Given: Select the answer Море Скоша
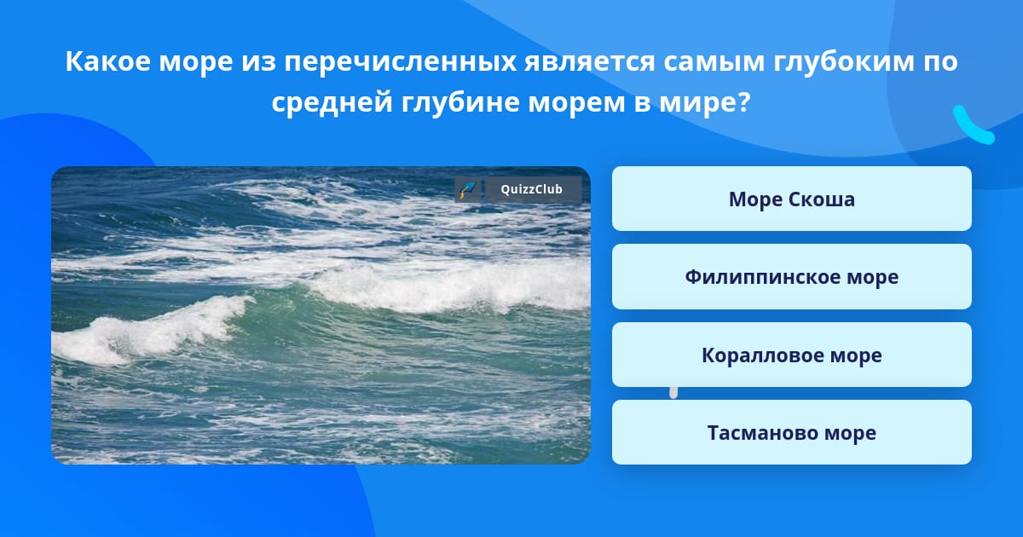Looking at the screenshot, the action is (791, 199).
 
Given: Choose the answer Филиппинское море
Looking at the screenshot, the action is (791, 277).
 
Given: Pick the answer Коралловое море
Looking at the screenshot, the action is (791, 355).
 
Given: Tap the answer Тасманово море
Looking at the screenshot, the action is (791, 432).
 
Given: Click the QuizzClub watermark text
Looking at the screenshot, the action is (532, 189).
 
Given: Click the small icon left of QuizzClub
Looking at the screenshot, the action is (467, 189).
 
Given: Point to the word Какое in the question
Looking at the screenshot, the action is (107, 61).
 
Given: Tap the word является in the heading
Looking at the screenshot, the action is (590, 62).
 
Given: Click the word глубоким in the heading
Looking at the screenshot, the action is (843, 62).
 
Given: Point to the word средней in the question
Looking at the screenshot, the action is (332, 102).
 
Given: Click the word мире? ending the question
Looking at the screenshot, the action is (705, 102).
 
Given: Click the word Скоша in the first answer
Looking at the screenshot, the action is (822, 199).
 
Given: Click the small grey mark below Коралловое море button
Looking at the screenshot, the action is (673, 393).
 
